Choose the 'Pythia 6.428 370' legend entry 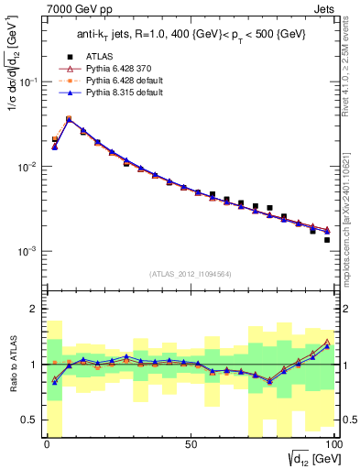[x=121, y=93]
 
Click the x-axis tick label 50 [x=190, y=444]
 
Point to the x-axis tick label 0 [x=47, y=444]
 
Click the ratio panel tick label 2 [x=34, y=309]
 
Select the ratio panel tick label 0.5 [x=30, y=420]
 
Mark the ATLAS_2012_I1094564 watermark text [x=190, y=273]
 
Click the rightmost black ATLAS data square [x=326, y=240]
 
